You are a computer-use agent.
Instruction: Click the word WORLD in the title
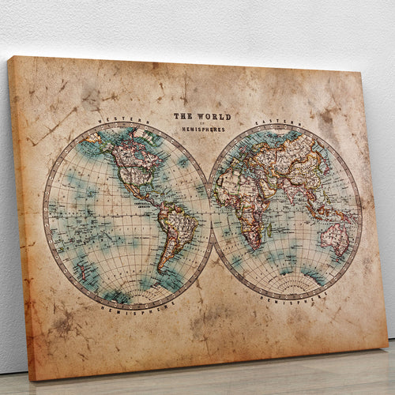point(214,117)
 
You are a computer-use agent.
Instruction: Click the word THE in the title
point(184,116)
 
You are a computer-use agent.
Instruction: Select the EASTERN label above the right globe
point(269,123)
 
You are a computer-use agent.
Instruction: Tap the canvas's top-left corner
point(9,57)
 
